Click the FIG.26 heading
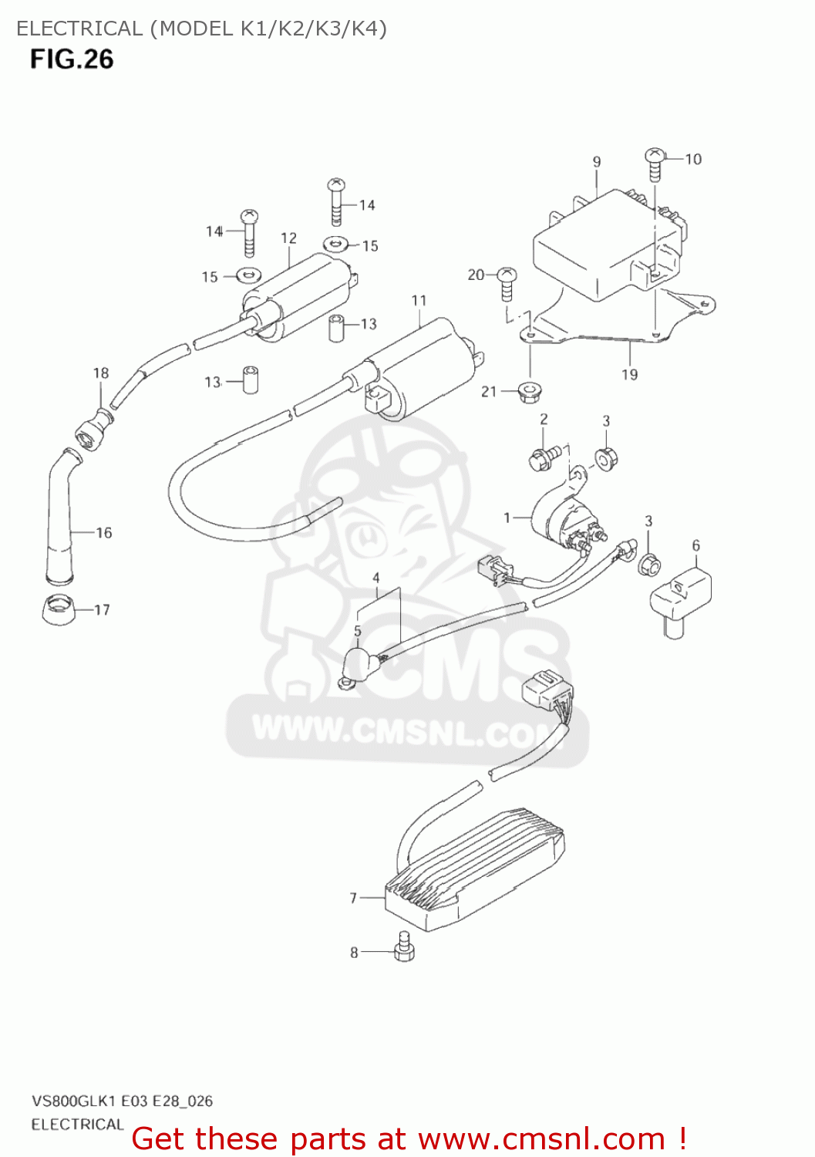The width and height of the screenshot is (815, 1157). (x=72, y=59)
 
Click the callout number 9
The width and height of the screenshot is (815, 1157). (x=597, y=162)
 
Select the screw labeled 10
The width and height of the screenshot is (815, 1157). (x=655, y=163)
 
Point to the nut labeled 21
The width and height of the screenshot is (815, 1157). (x=530, y=391)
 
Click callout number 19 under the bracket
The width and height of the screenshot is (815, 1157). (x=630, y=375)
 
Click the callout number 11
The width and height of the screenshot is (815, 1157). (x=419, y=300)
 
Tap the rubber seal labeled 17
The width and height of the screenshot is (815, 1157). (x=58, y=610)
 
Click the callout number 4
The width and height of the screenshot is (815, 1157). (x=376, y=578)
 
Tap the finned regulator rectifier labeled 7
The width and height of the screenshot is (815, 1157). (x=474, y=868)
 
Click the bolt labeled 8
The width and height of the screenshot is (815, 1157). (x=403, y=948)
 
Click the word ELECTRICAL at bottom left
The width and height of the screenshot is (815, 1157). (x=77, y=1125)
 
